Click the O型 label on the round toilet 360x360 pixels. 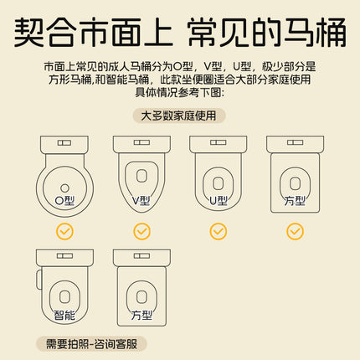(64, 200)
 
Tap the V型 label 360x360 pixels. (141, 200)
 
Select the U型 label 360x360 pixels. (219, 200)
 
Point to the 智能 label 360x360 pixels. (64, 315)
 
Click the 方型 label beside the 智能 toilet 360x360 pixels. (141, 315)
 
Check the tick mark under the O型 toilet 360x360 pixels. (64, 231)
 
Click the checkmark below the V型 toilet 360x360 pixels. (141, 231)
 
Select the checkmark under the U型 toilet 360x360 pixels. (219, 231)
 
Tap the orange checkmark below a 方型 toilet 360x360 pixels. (295, 231)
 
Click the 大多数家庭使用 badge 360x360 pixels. (179, 116)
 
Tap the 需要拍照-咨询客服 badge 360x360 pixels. (91, 344)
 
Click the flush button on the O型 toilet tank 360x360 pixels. (64, 143)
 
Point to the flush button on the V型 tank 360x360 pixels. (141, 142)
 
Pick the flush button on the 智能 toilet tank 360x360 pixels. (64, 256)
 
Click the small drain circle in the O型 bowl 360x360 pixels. (64, 188)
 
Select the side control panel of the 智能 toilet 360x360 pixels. (39, 280)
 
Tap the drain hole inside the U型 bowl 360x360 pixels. (219, 183)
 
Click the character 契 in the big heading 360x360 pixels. (29, 32)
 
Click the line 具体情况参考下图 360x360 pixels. (180, 92)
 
